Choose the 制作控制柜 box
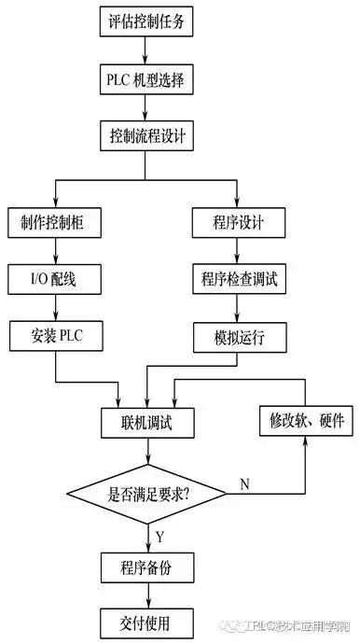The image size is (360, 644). point(56,223)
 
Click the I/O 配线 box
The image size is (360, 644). point(56,278)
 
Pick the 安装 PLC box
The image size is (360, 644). point(56,333)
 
